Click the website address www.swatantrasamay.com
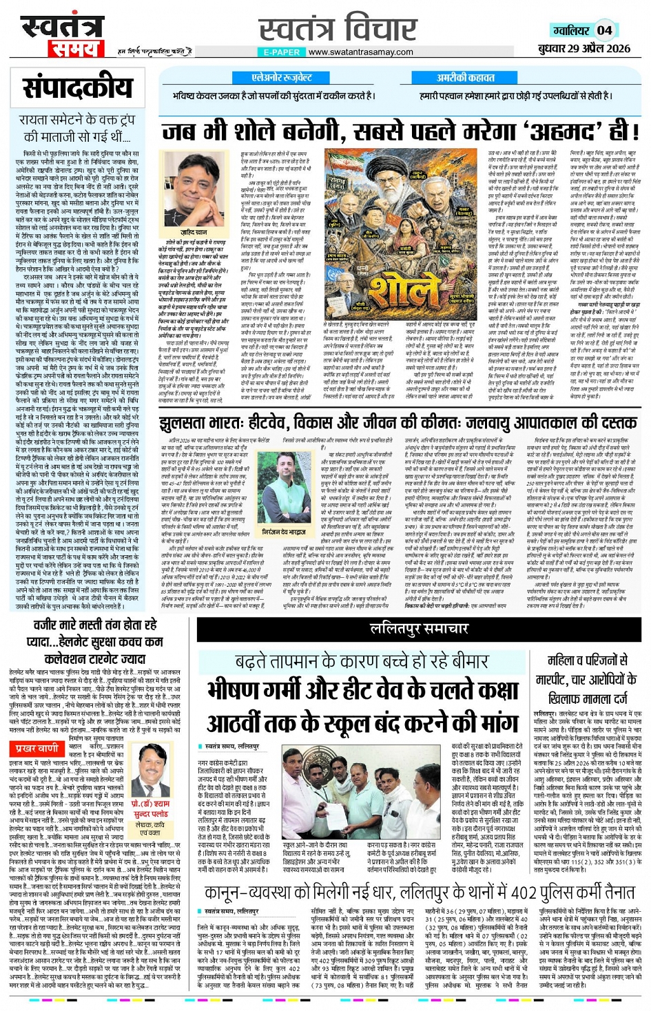tap(360, 52)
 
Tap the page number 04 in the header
tap(604, 30)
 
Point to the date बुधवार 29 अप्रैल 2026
tap(584, 48)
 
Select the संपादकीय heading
tap(77, 88)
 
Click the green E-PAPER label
tap(281, 52)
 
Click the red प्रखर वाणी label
tap(37, 748)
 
